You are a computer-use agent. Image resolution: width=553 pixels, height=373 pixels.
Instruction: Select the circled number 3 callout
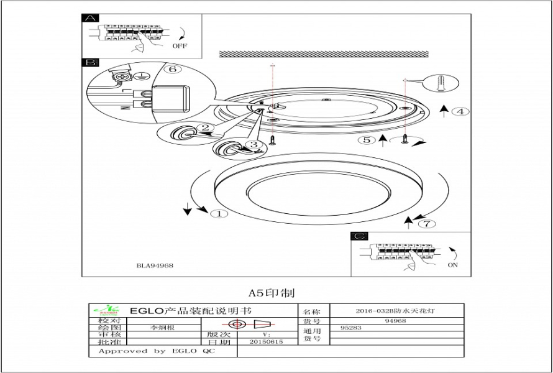click(x=252, y=144)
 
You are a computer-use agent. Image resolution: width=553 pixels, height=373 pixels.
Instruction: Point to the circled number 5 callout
click(x=367, y=140)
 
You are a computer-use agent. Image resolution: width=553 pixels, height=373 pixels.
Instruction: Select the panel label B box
click(x=90, y=63)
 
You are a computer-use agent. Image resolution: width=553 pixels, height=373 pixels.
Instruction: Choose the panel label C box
click(x=360, y=236)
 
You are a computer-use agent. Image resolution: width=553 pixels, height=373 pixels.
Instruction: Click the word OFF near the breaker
click(x=180, y=46)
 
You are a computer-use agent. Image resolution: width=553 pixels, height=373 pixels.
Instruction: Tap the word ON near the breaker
click(x=453, y=265)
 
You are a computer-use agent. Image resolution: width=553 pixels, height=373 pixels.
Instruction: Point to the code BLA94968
click(x=155, y=265)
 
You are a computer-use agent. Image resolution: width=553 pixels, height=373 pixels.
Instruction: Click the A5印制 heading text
click(x=272, y=292)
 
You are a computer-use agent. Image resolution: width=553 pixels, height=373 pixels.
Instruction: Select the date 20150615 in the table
click(x=266, y=342)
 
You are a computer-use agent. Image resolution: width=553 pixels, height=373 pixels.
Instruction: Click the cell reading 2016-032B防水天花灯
click(x=395, y=311)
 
